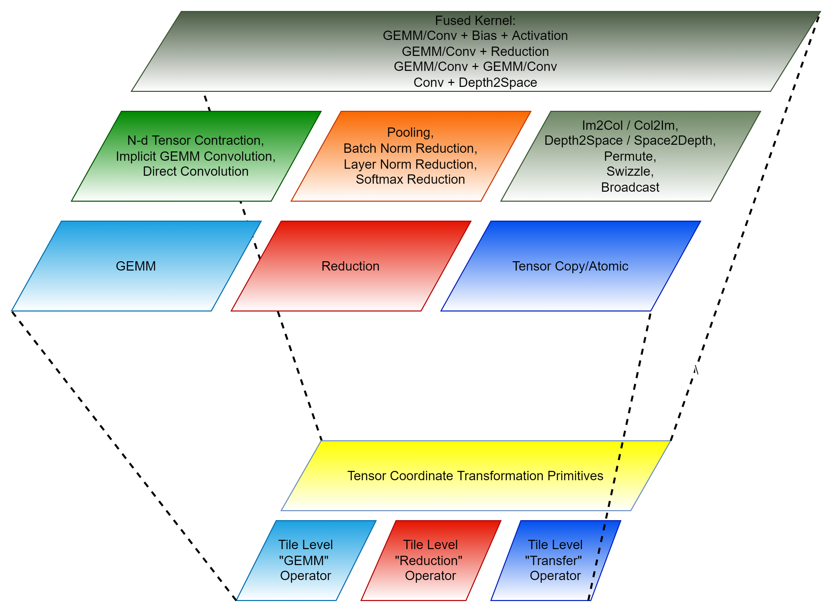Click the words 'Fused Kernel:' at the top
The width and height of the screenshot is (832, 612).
475,20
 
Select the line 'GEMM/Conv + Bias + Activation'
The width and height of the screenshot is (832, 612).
475,36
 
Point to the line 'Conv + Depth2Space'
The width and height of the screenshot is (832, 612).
475,82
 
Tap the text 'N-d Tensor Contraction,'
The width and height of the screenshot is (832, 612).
195,140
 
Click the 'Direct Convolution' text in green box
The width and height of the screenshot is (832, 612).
195,171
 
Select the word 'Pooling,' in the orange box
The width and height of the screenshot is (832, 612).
410,132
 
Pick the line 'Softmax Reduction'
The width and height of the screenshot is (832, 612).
410,179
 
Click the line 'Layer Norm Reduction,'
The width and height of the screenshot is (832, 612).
410,164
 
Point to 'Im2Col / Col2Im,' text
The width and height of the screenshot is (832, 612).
630,125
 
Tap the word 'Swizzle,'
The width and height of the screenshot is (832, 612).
630,171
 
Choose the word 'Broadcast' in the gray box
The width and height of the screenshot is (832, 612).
630,187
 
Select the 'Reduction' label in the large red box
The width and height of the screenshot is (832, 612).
350,266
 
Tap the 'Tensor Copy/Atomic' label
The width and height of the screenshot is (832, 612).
570,266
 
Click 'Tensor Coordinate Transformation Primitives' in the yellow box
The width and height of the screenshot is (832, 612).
475,476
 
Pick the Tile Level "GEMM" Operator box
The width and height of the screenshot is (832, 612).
305,560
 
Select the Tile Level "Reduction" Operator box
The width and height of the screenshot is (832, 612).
430,560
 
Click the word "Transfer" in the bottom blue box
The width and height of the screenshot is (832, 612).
553,560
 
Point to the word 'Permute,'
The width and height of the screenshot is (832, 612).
630,156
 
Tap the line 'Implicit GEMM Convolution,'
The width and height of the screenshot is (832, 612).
195,156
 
